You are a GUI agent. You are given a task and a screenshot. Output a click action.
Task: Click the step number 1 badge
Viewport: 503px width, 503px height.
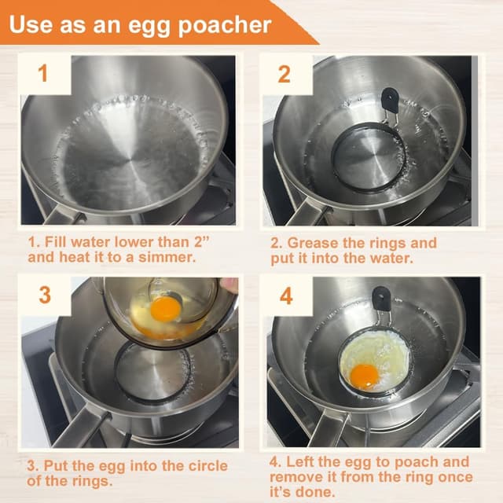pos(43,74)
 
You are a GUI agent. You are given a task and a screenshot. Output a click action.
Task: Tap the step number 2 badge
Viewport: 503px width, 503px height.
pos(285,74)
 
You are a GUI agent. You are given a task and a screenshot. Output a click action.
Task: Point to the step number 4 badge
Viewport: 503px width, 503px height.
pos(285,296)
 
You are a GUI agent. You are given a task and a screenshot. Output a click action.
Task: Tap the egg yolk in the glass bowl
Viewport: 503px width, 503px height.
pos(165,308)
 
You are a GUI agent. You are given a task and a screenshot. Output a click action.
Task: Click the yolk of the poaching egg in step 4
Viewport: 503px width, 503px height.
pos(364,376)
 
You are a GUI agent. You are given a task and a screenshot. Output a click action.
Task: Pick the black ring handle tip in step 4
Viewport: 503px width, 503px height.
pos(381,298)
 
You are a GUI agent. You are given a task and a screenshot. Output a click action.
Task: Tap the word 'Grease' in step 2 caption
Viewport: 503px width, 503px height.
pos(320,243)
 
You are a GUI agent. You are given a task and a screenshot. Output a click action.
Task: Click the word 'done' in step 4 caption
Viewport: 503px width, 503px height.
pos(325,493)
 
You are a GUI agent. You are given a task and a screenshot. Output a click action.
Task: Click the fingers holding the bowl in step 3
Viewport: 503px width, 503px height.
pos(229,285)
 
